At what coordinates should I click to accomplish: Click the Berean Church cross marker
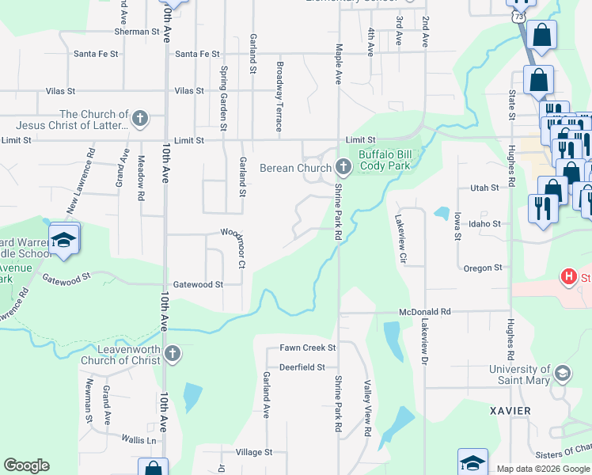point(343,167)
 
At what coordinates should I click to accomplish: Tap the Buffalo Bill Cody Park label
point(385,160)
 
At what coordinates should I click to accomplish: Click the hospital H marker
point(567,277)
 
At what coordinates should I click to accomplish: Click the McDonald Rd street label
point(424,313)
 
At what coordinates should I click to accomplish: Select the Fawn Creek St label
point(308,348)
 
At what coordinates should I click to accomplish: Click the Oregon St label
point(483,268)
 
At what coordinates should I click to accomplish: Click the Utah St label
point(484,188)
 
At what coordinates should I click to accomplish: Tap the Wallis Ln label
point(139,439)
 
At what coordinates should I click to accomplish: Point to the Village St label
point(253,452)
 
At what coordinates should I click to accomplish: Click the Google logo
point(27,465)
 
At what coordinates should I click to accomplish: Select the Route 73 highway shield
point(518,16)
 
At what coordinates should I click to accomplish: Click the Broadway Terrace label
point(279,97)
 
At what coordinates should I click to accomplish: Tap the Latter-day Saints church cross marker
point(140,120)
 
